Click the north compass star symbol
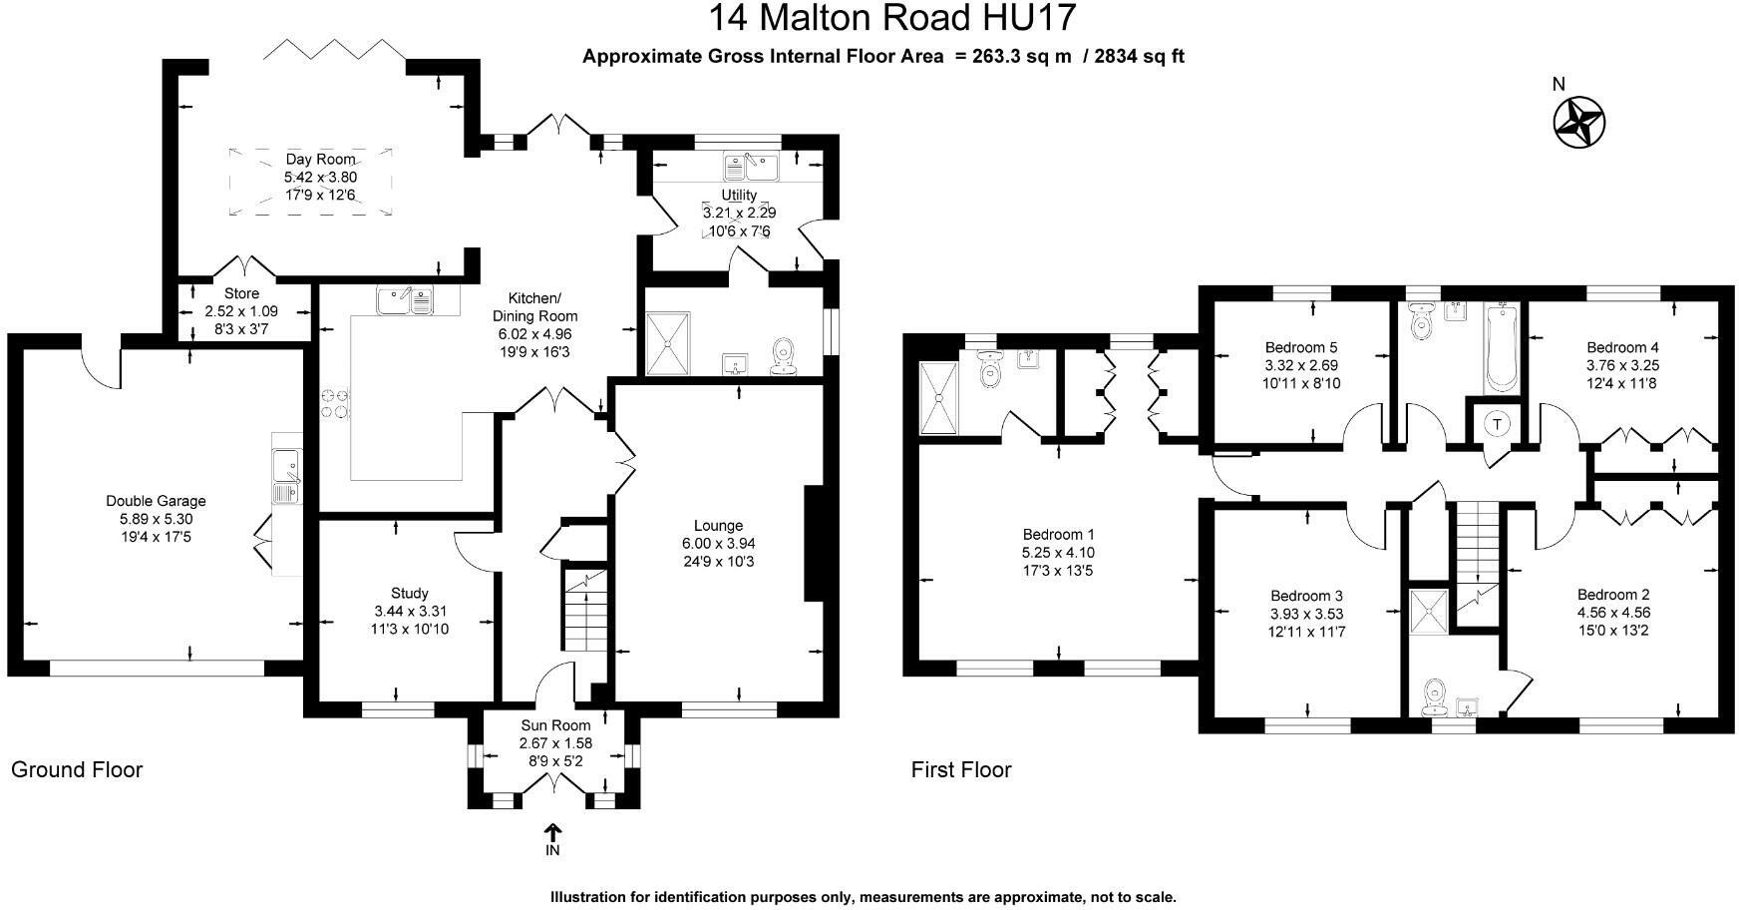coord(1578,123)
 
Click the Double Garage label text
coord(156,501)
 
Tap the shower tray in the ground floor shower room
coord(667,342)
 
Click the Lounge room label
coord(718,526)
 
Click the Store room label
coord(241,293)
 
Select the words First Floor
coord(960,769)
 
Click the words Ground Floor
coord(77,769)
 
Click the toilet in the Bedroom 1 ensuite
coord(990,373)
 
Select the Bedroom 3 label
coord(1306,596)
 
